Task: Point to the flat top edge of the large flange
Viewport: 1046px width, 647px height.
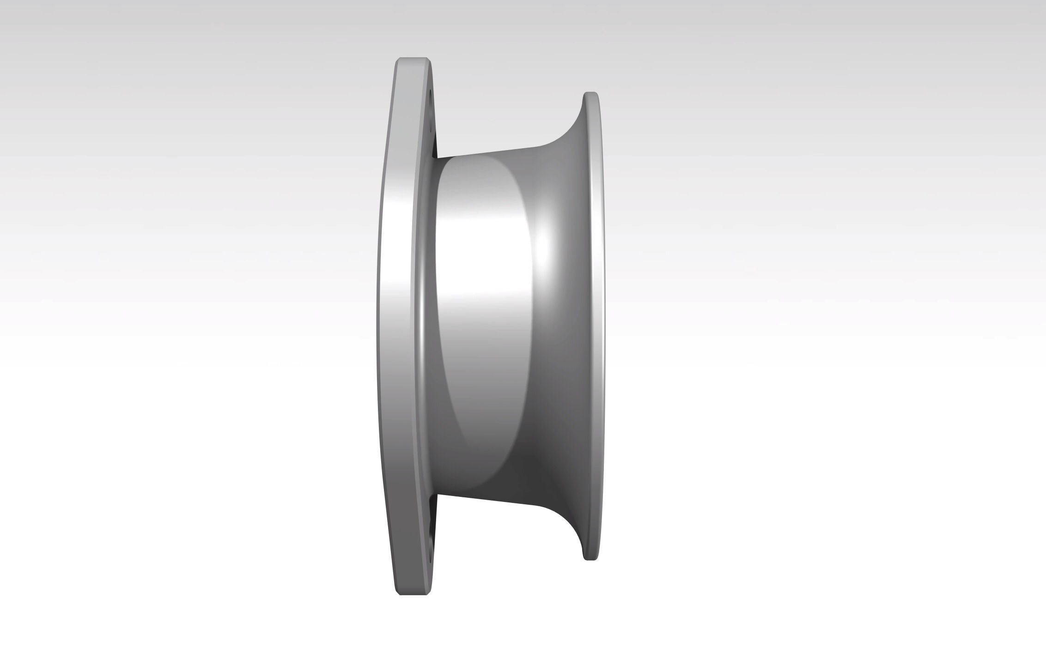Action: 413,59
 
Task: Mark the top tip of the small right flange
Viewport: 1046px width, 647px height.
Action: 591,94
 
